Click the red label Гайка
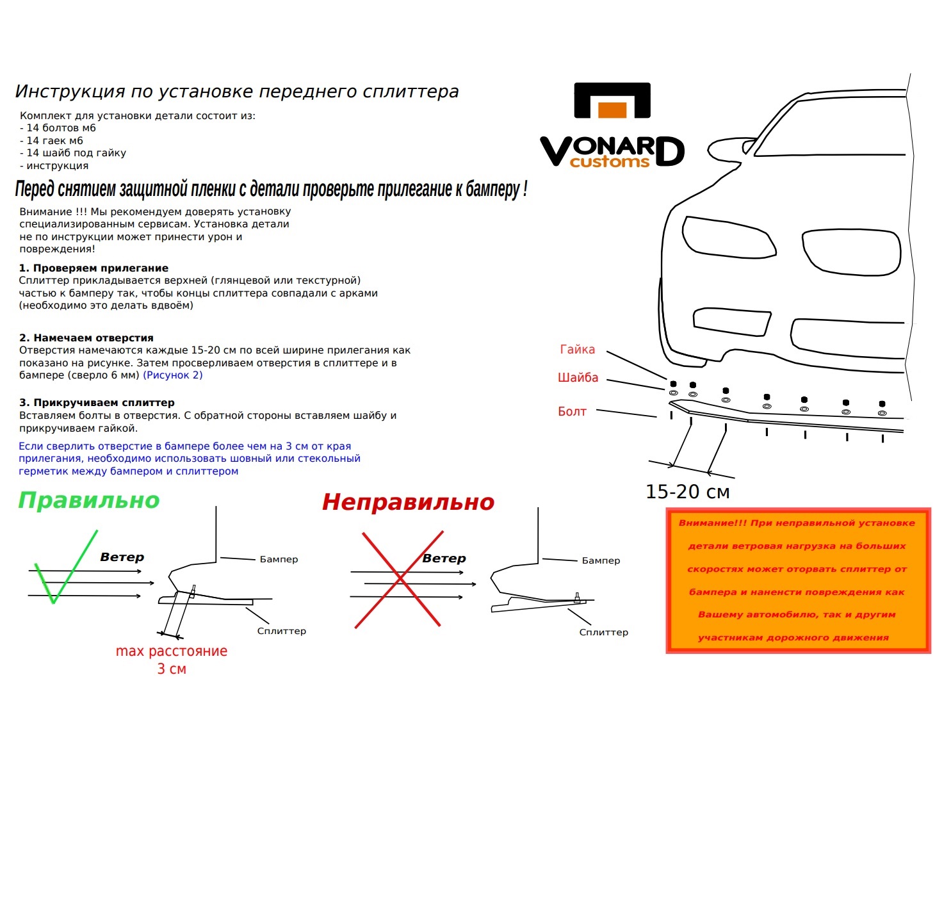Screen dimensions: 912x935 pyautogui.click(x=577, y=350)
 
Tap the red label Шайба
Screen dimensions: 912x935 pyautogui.click(x=578, y=378)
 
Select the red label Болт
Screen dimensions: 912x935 pyautogui.click(x=572, y=412)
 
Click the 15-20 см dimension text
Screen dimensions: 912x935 pyautogui.click(x=687, y=492)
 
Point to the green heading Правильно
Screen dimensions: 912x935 pyautogui.click(x=88, y=500)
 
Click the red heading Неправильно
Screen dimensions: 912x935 pyautogui.click(x=408, y=502)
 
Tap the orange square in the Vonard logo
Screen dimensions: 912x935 pyautogui.click(x=612, y=110)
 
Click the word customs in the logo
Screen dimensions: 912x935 pyautogui.click(x=609, y=162)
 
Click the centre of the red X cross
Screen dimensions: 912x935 pyautogui.click(x=400, y=579)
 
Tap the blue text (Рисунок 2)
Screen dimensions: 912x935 pyautogui.click(x=172, y=375)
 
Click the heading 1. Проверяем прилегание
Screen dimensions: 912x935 pyautogui.click(x=93, y=268)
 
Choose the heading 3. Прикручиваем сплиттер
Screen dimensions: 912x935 pyautogui.click(x=97, y=403)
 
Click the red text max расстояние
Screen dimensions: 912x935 pyautogui.click(x=171, y=651)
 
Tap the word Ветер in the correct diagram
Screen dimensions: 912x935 pyautogui.click(x=122, y=557)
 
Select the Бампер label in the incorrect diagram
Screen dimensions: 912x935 pyautogui.click(x=601, y=560)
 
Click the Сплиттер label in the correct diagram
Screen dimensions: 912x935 pyautogui.click(x=281, y=631)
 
